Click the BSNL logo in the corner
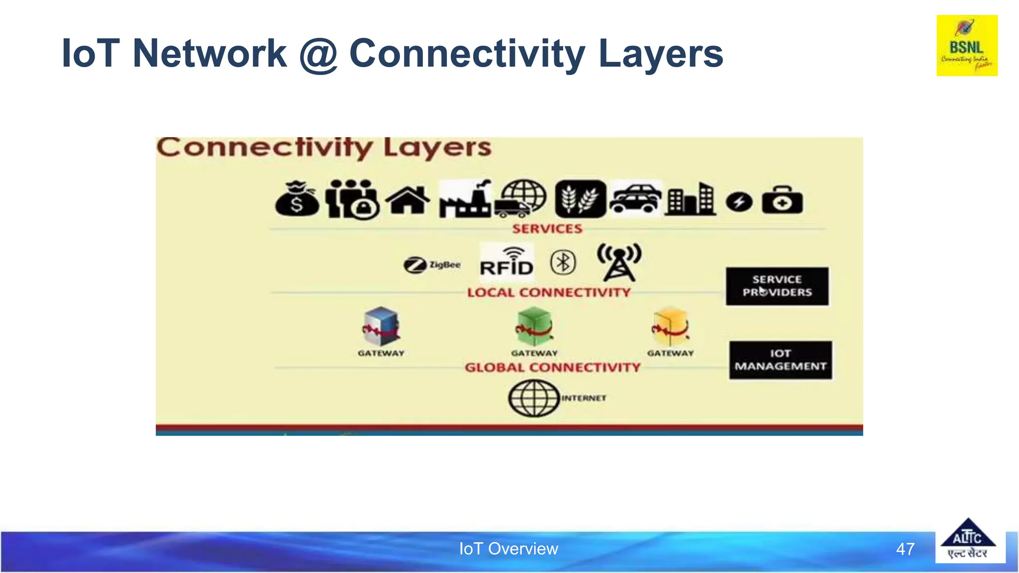click(966, 45)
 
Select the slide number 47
click(905, 549)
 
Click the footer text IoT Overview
click(509, 549)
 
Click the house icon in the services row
click(408, 200)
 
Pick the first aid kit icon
click(782, 200)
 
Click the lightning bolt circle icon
click(739, 202)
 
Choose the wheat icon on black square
click(580, 199)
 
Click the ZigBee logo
click(432, 265)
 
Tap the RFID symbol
click(507, 262)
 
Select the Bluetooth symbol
click(563, 262)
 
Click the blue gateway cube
click(381, 326)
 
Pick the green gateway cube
click(534, 326)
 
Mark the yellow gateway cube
click(671, 326)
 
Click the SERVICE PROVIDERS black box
click(777, 286)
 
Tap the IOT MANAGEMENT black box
click(780, 360)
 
